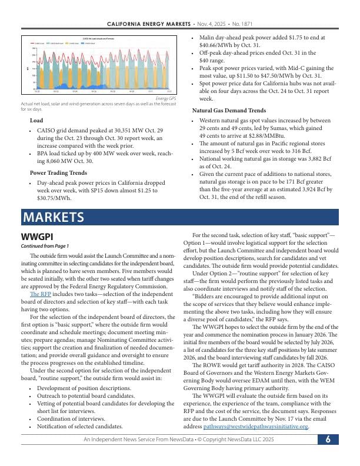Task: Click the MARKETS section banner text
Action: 53,217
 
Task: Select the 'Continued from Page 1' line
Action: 45,246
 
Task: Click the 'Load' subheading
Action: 36,121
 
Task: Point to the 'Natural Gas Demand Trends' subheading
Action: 229,111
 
